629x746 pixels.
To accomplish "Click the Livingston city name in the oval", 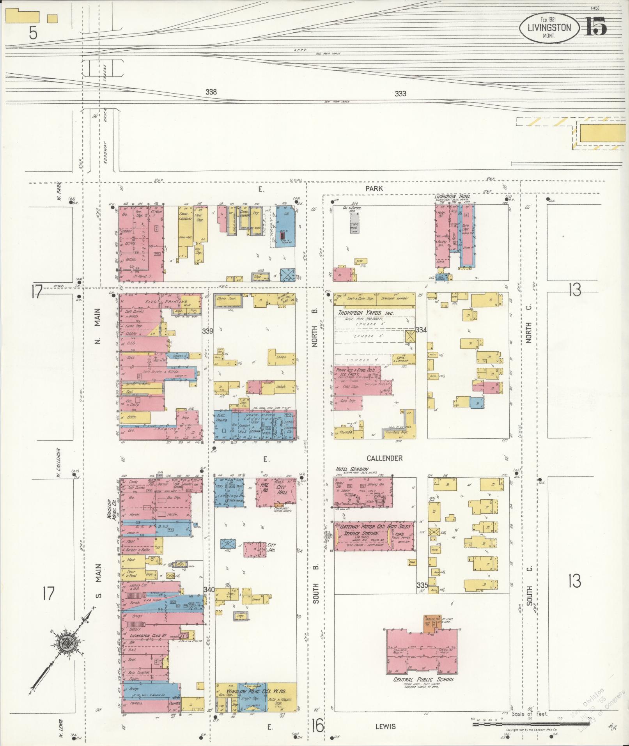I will coord(549,27).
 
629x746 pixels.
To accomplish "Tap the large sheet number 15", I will coord(595,27).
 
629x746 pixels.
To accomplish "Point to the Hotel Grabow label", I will coord(352,469).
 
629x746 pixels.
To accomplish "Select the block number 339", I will coord(207,331).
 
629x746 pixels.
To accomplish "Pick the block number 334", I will coord(421,330).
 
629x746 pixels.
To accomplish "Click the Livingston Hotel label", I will coord(452,196).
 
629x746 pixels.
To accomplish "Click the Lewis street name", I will coord(386,726).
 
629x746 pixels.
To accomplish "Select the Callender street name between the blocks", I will coord(384,458).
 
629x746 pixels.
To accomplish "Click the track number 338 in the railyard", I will coord(211,92).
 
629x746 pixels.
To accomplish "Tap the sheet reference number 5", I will coord(33,34).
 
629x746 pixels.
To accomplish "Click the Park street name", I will coord(374,188).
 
